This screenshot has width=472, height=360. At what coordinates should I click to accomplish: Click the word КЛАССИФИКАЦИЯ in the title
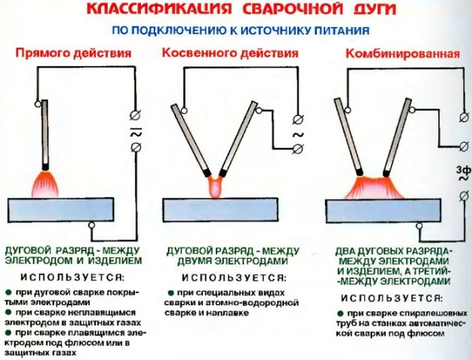click(x=159, y=8)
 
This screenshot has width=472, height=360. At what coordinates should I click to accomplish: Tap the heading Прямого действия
click(x=73, y=53)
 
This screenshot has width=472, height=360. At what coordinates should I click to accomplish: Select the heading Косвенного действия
click(x=230, y=53)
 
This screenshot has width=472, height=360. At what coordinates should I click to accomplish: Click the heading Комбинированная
click(x=403, y=53)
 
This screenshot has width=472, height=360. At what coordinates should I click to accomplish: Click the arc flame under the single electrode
click(x=45, y=184)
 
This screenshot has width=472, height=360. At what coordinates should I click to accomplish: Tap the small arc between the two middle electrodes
click(x=215, y=187)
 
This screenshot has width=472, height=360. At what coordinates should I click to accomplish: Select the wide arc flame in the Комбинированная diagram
click(x=374, y=188)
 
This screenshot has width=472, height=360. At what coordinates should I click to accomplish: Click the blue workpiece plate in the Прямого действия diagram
click(x=61, y=210)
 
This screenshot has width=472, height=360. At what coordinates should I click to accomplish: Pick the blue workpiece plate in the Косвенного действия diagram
click(x=220, y=210)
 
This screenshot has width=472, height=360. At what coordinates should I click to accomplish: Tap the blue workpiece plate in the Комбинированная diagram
click(x=383, y=211)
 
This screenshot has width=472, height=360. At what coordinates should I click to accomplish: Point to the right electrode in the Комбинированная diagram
click(x=397, y=137)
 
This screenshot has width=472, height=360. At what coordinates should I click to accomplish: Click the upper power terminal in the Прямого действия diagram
click(x=136, y=115)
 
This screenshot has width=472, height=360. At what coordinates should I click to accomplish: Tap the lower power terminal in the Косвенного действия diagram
click(x=298, y=148)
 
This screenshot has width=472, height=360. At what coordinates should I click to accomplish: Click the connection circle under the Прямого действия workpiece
click(x=91, y=225)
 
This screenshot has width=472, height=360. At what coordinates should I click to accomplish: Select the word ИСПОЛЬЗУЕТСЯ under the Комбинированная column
click(x=392, y=298)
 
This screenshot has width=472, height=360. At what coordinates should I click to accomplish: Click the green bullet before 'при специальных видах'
click(x=171, y=292)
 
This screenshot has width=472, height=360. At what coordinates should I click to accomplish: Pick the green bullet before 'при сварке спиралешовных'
click(x=340, y=313)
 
